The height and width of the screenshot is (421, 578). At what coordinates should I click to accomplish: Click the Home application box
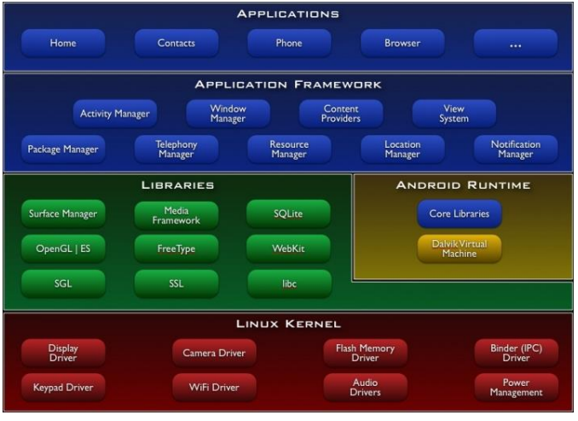pos(63,43)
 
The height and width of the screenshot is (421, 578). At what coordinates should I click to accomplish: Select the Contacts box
pos(176,43)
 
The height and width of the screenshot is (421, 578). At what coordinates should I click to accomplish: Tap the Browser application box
pos(402,43)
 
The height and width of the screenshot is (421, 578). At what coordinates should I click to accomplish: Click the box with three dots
pos(515,43)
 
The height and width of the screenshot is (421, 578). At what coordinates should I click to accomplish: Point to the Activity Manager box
pos(114,114)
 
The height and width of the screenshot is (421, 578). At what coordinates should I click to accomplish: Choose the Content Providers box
pos(341,114)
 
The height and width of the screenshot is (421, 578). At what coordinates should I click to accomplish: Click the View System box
pos(454,114)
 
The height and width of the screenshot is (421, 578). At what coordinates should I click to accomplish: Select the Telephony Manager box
pos(176,149)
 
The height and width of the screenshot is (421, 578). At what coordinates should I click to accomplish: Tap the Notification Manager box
pos(515,149)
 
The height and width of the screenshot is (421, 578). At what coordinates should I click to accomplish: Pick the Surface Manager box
pos(63,214)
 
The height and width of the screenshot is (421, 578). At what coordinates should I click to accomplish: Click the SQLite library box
pos(289,214)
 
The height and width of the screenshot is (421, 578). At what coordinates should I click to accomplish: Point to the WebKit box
pos(289,249)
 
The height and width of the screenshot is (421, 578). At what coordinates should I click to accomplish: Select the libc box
pos(289,284)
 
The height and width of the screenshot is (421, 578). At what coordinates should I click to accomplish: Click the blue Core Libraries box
pos(459,213)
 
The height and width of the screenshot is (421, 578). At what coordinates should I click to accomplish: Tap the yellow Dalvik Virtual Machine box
pos(459,249)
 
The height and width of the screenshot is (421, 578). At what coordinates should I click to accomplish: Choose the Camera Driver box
pos(214,353)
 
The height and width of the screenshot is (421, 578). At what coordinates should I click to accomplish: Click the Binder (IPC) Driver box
pos(516,353)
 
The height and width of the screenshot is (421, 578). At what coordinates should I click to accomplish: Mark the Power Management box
pos(516,388)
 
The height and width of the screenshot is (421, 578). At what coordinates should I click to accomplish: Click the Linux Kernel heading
pos(288,324)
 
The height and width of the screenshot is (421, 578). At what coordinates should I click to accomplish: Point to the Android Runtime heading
pos(463,184)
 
